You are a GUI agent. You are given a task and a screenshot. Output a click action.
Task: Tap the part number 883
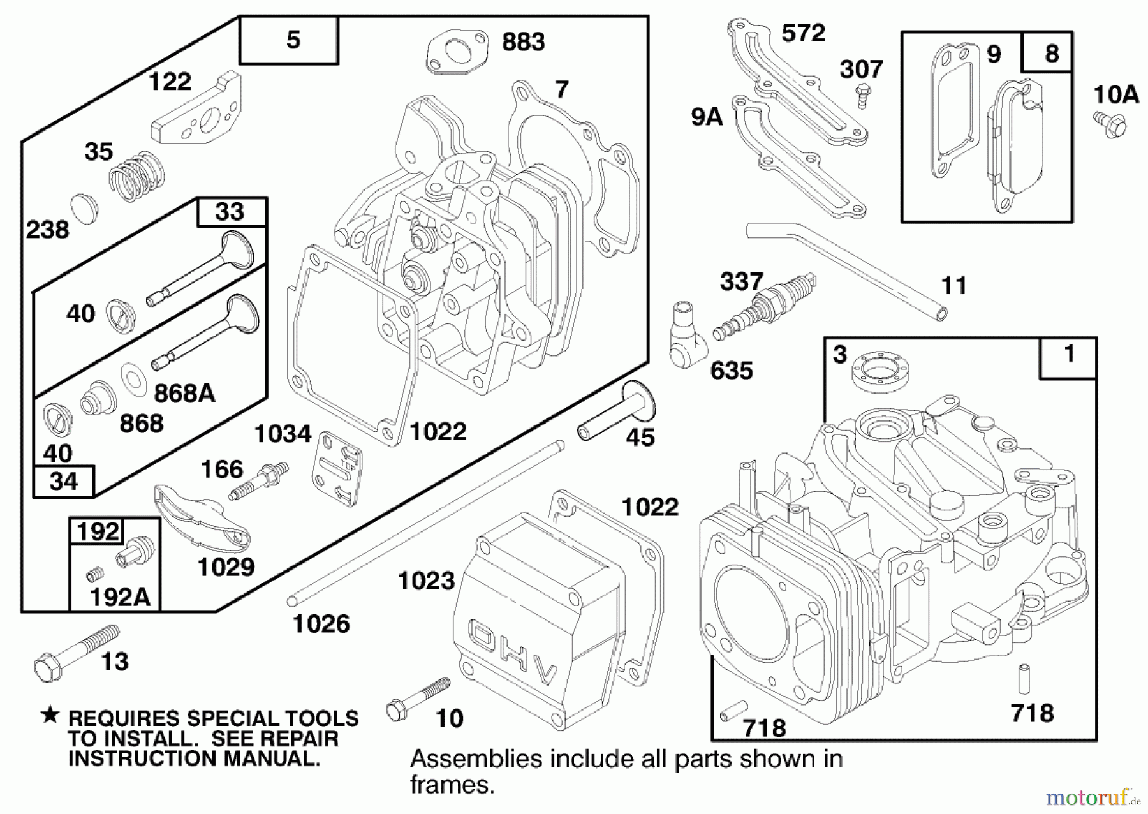coord(523,42)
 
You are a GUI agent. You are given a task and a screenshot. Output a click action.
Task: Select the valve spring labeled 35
coord(136,177)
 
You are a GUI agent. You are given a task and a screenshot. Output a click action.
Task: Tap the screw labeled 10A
coord(1112,124)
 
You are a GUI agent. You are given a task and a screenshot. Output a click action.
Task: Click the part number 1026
coord(321,623)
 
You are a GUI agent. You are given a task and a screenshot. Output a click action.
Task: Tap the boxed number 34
coord(63,482)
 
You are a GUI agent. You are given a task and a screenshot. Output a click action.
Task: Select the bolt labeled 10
coord(417,698)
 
